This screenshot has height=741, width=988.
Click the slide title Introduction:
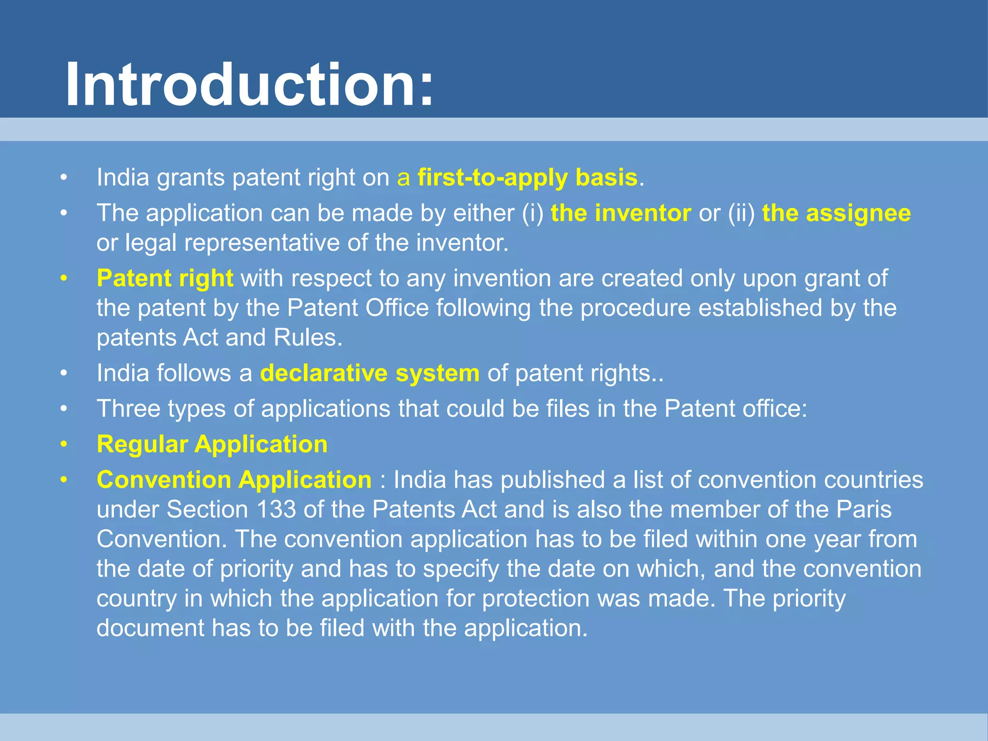point(249,85)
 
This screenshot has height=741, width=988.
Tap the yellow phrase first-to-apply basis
point(528,178)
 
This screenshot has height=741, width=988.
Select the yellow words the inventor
point(621,213)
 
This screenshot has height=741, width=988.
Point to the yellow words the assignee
point(837,213)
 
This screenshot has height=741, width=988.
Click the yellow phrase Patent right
point(165,278)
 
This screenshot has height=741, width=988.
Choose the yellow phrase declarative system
point(370,373)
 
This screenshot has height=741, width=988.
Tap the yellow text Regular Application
point(212,444)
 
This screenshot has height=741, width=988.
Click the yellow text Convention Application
point(234,480)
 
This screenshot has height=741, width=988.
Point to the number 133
point(276,509)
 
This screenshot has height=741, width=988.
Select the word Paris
point(864,509)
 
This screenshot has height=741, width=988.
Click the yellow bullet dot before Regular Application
point(64,444)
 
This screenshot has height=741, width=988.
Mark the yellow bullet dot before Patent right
point(64,279)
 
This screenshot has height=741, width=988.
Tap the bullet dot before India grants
point(64,178)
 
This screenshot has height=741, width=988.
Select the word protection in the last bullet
point(535,599)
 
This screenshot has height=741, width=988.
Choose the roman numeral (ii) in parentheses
point(741,213)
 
